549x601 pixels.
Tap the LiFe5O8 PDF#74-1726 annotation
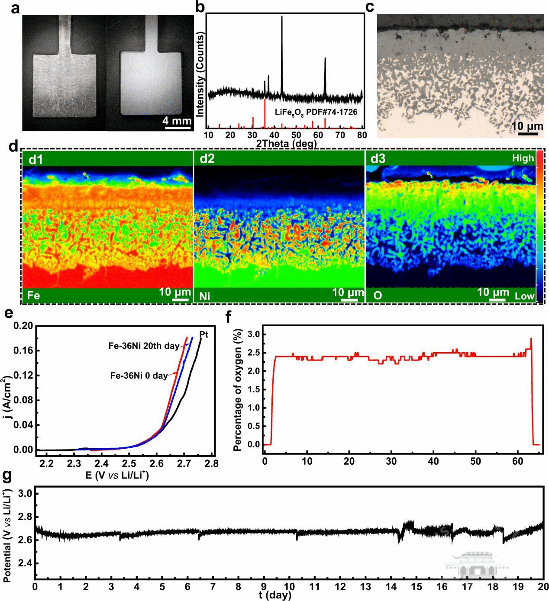316,112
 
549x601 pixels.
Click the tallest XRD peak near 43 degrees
282,17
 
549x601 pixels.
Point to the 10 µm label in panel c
527,126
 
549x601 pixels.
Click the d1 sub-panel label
36,159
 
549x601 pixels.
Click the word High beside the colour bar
523,158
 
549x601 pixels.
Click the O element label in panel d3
378,296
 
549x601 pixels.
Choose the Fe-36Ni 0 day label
139,376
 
